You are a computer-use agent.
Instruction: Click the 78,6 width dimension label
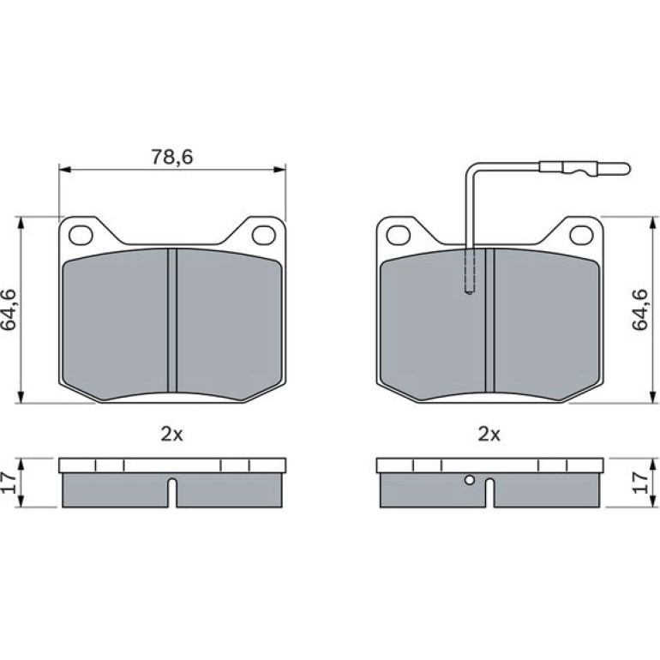[171, 157]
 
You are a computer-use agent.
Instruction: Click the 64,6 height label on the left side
[9, 309]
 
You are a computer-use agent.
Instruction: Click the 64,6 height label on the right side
[639, 309]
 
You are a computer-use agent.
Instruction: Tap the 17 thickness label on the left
[9, 483]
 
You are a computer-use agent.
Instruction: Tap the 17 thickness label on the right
[639, 483]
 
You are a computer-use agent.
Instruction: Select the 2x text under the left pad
[171, 434]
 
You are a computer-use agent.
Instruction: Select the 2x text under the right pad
[489, 434]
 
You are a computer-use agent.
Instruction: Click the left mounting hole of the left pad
[81, 235]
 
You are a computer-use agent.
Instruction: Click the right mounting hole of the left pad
[264, 235]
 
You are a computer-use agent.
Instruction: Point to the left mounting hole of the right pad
[399, 235]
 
